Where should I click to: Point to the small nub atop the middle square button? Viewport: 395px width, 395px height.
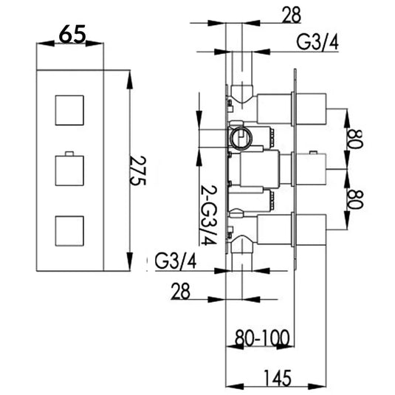69,155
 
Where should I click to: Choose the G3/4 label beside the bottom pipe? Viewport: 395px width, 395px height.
176,261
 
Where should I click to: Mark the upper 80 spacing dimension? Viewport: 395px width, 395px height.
355,140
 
